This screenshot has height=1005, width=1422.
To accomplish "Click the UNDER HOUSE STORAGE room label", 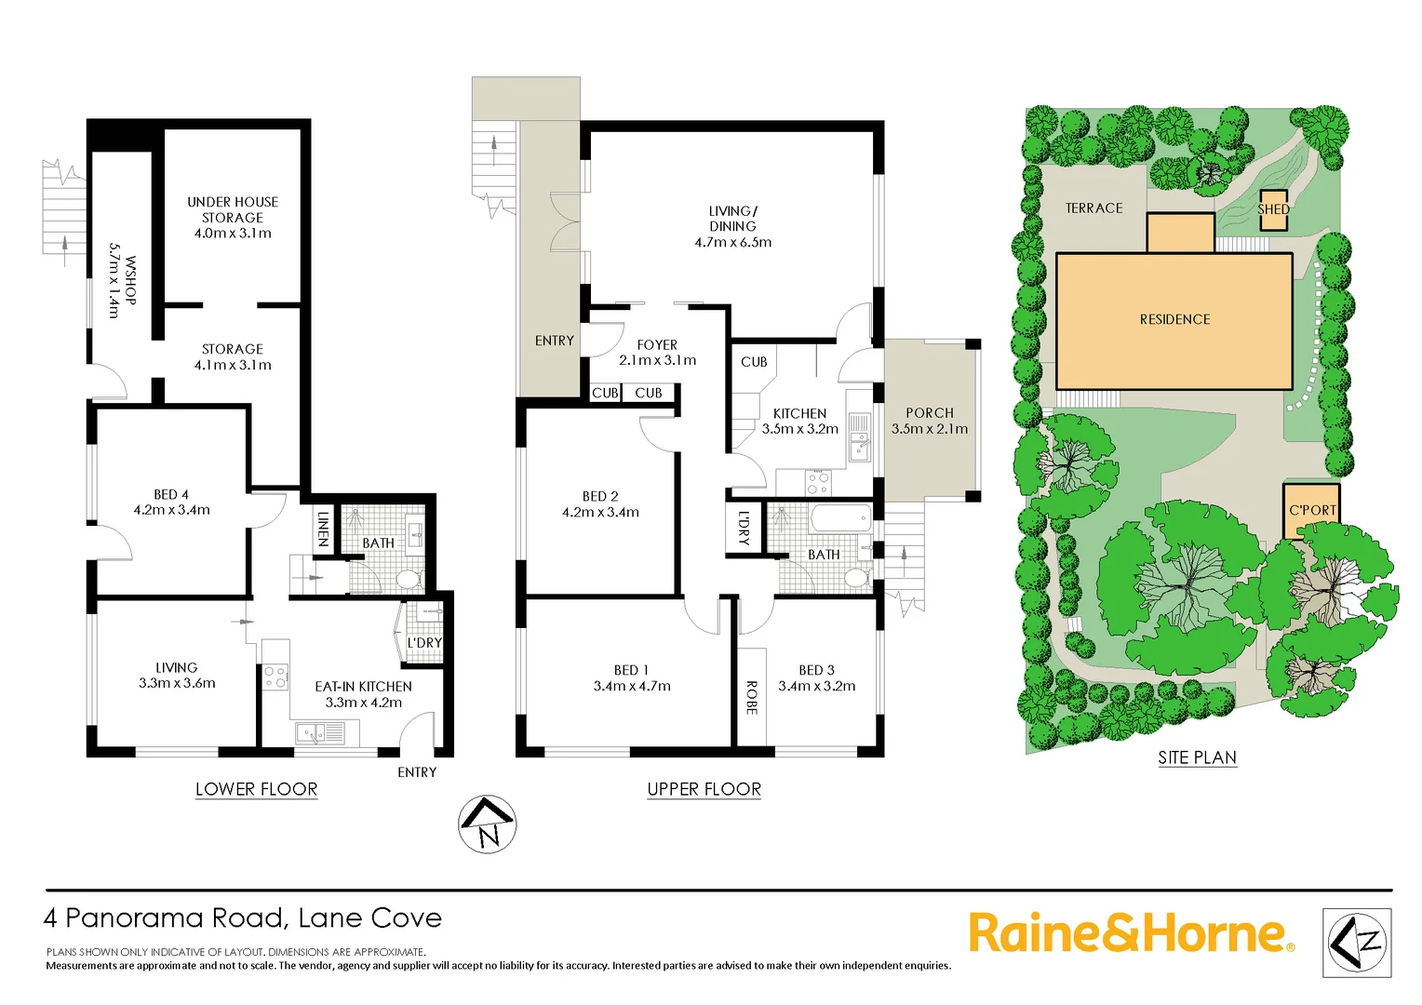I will pyautogui.click(x=233, y=209).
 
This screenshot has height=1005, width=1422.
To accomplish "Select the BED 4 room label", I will pyautogui.click(x=171, y=495).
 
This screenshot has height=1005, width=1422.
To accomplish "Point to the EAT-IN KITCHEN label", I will pyautogui.click(x=363, y=687).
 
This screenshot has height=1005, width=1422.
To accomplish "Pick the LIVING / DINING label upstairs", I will pyautogui.click(x=732, y=219).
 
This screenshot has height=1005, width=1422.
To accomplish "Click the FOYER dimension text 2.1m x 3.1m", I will pyautogui.click(x=657, y=361).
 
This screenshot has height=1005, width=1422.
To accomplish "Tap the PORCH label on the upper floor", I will pyautogui.click(x=930, y=413).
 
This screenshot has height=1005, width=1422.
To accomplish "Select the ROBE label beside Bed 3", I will pyautogui.click(x=752, y=697).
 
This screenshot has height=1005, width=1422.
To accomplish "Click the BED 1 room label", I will pyautogui.click(x=632, y=670).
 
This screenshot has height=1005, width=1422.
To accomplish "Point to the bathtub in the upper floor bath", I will pyautogui.click(x=840, y=518).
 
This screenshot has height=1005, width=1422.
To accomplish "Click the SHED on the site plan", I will pyautogui.click(x=1273, y=209).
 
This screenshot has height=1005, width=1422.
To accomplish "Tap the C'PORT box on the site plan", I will pyautogui.click(x=1311, y=510).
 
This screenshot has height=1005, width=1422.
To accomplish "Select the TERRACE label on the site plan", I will pyautogui.click(x=1093, y=208).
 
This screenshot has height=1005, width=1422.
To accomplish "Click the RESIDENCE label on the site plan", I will pyautogui.click(x=1174, y=319).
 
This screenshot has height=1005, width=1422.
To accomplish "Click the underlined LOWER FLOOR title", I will pyautogui.click(x=256, y=789).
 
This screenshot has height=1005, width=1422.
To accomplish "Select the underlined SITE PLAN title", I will pyautogui.click(x=1197, y=757).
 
